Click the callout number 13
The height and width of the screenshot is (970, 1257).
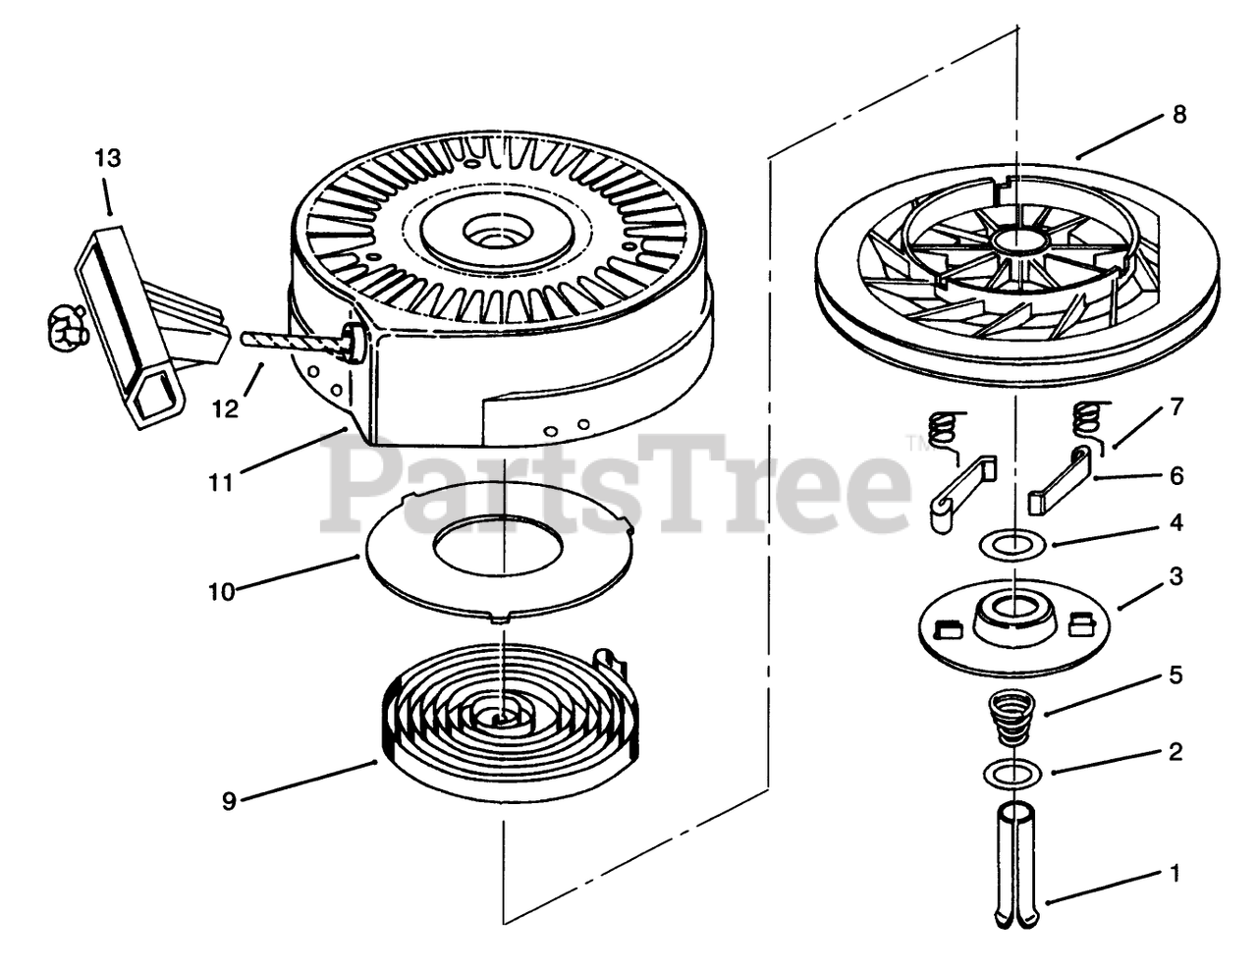click(108, 158)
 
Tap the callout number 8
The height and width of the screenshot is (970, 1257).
click(1178, 115)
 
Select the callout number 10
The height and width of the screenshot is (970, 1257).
click(222, 592)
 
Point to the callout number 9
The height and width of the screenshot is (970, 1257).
click(229, 801)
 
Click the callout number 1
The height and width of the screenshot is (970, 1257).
click(1175, 872)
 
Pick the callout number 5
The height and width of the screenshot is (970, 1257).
click(1175, 675)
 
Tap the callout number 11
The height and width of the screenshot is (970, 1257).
click(222, 482)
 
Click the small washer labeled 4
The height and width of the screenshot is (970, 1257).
click(1011, 543)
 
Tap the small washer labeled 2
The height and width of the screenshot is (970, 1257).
click(1011, 774)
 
